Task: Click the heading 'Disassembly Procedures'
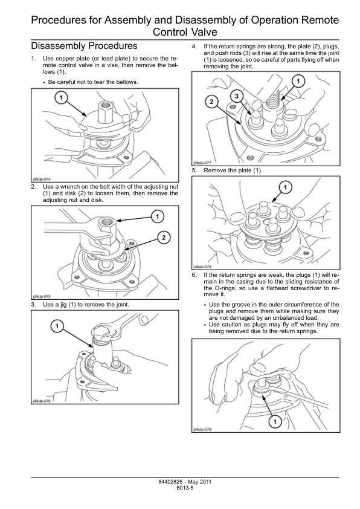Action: (84, 46)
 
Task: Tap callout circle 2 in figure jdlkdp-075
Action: (164, 238)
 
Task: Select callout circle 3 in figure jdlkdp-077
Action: (236, 96)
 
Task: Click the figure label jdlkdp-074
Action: (42, 179)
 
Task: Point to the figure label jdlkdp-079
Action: (202, 429)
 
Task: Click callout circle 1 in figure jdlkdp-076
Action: (57, 326)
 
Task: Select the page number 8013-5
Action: (185, 488)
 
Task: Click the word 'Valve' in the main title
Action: (203, 32)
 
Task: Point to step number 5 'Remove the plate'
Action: (194, 170)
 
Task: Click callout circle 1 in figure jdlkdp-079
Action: (275, 422)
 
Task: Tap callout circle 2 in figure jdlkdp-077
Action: (212, 102)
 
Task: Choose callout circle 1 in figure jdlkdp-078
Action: (286, 187)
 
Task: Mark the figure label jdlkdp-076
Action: (42, 401)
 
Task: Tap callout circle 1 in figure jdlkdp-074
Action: (61, 97)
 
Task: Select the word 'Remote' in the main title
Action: (320, 21)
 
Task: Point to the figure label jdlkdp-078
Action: (202, 267)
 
